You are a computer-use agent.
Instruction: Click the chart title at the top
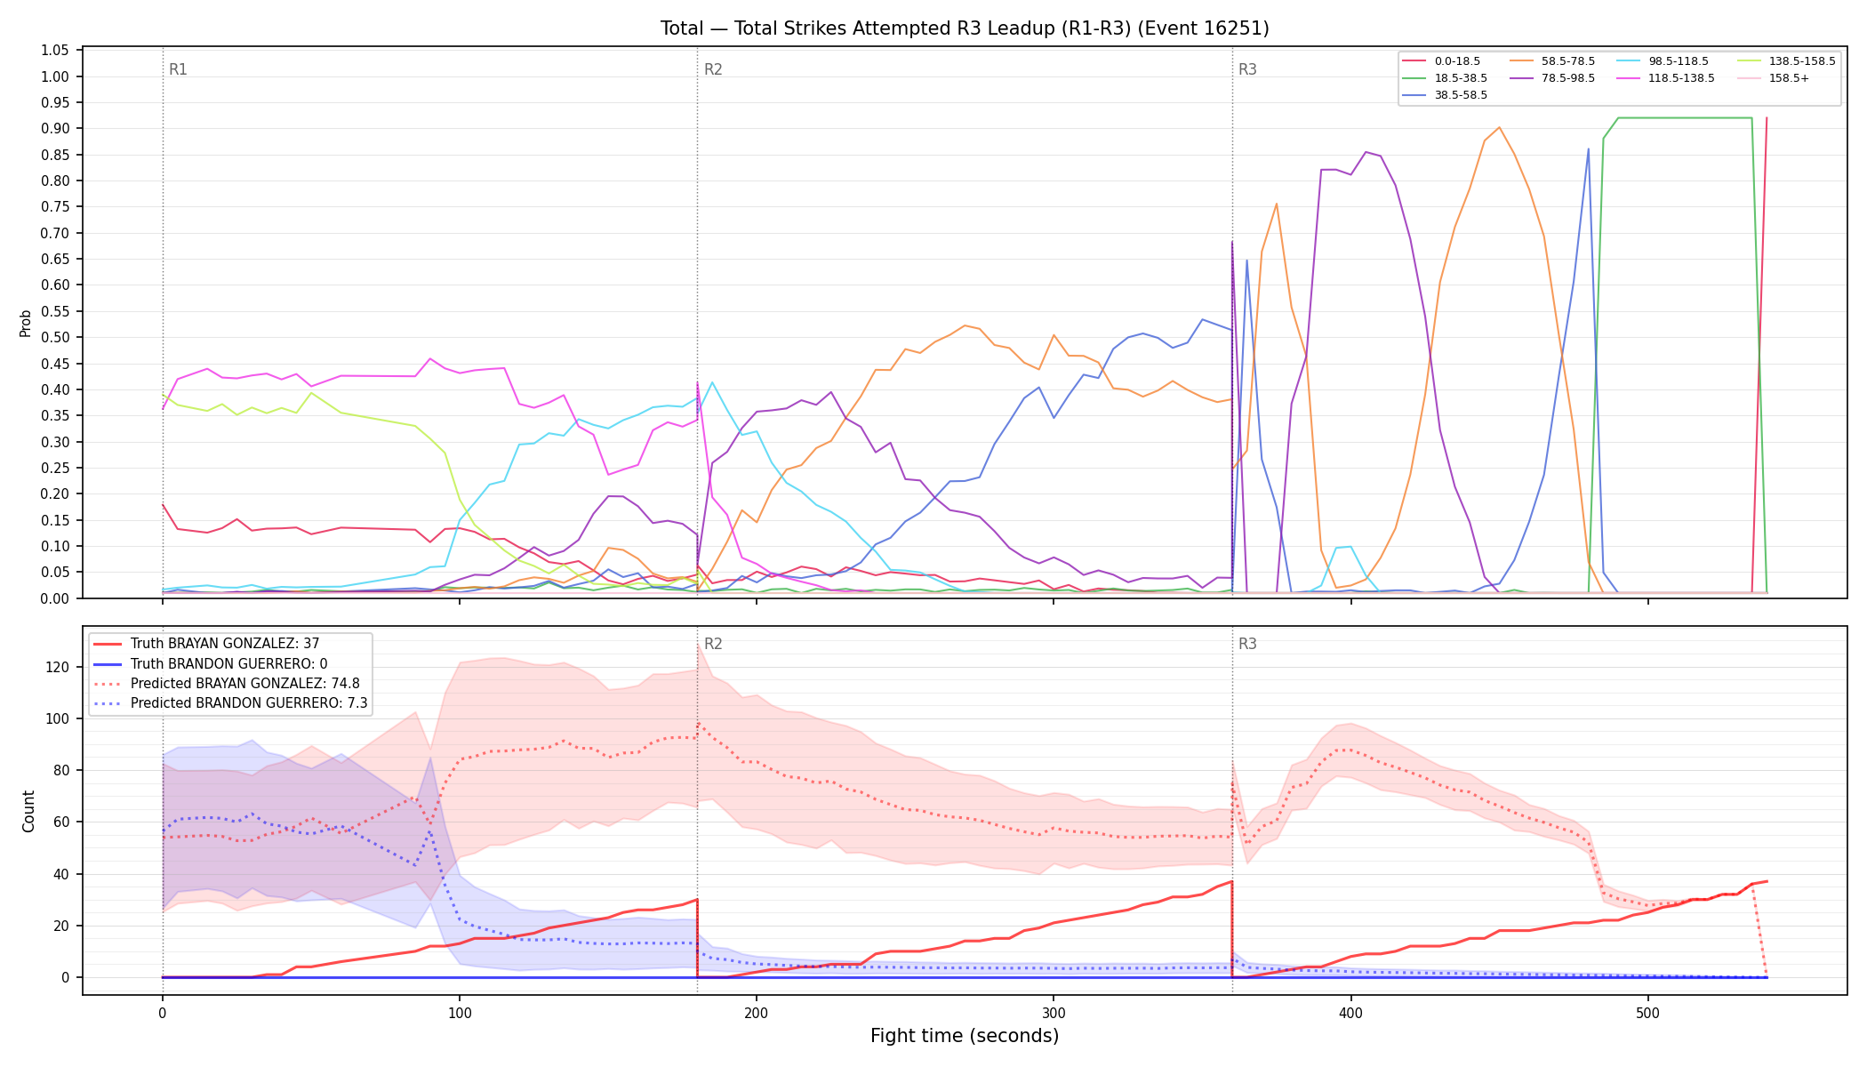click(x=965, y=28)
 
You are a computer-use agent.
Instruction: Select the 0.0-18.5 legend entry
click(x=1441, y=61)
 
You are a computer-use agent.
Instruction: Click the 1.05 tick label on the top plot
click(x=55, y=51)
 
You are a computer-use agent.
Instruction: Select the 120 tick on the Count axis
click(x=59, y=667)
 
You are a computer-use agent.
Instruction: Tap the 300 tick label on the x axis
click(x=1054, y=1013)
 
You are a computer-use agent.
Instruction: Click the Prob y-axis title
click(x=26, y=324)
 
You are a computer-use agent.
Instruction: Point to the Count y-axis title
click(x=28, y=811)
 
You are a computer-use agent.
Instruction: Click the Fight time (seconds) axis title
click(x=965, y=1037)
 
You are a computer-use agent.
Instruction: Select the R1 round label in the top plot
click(x=178, y=69)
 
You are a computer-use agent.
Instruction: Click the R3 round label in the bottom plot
click(x=1247, y=644)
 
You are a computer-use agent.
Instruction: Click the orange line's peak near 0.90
click(x=1499, y=127)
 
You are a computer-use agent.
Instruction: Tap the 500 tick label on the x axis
click(x=1647, y=1013)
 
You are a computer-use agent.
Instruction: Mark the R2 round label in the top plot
click(x=713, y=69)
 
